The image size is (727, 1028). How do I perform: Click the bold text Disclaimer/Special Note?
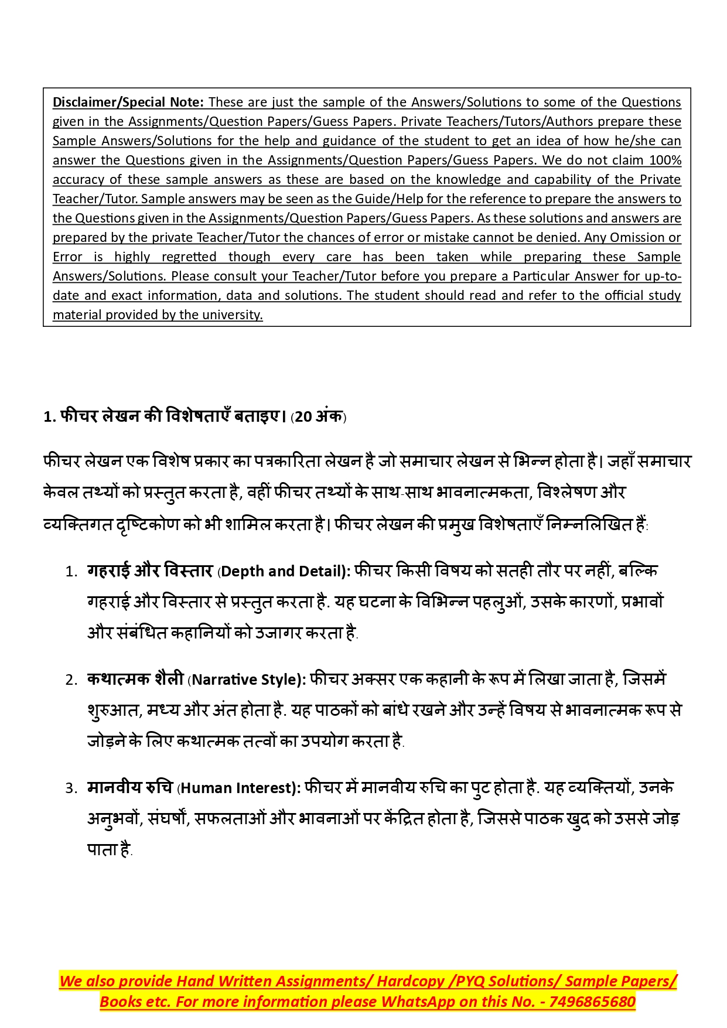(x=128, y=102)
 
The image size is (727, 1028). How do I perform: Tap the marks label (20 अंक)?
(x=319, y=417)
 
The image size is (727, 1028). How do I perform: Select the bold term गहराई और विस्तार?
(x=149, y=571)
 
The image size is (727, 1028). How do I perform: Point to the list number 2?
(x=71, y=680)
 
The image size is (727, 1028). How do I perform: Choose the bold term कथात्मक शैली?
(x=135, y=679)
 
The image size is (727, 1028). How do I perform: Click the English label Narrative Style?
(x=245, y=679)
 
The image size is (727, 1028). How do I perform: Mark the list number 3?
(x=71, y=788)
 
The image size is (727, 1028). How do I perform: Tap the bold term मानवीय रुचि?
(x=129, y=787)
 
